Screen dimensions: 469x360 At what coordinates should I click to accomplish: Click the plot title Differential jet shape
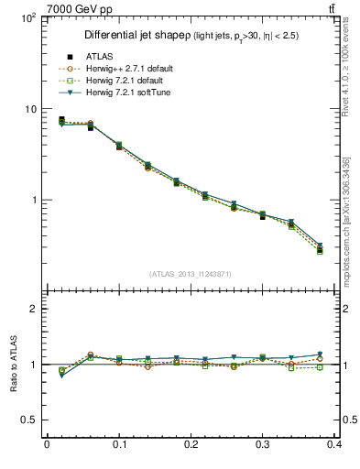click(x=137, y=35)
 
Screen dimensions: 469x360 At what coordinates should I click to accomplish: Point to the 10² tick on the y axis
click(x=27, y=18)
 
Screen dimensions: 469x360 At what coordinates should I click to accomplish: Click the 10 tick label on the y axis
click(x=29, y=109)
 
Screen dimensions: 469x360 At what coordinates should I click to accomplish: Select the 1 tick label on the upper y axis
click(x=32, y=200)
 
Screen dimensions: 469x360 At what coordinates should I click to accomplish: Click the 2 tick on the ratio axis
click(x=32, y=309)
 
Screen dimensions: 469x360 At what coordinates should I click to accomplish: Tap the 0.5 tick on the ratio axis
click(x=28, y=420)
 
